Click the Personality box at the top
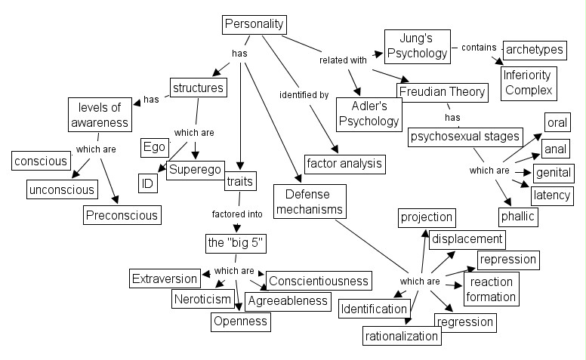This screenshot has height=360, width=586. [x=254, y=24]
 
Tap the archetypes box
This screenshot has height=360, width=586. [x=535, y=50]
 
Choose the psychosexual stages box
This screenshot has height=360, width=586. [x=464, y=137]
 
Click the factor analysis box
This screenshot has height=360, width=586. [x=344, y=162]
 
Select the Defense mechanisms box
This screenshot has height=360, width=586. [x=309, y=202]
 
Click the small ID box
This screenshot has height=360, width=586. [x=147, y=183]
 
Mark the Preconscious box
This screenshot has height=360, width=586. [x=122, y=215]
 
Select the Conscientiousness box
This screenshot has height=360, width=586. [x=318, y=280]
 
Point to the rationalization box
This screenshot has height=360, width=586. [x=402, y=334]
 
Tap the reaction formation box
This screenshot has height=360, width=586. [x=491, y=289]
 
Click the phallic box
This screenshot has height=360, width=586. [x=517, y=217]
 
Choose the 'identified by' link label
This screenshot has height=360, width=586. [x=304, y=95]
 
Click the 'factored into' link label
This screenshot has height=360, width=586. [x=237, y=214]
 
